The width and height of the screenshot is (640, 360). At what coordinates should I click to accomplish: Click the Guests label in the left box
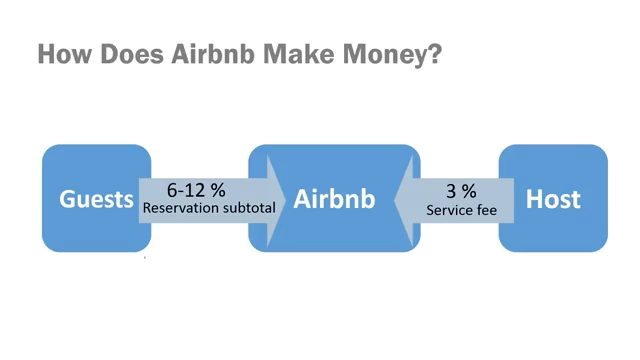coord(96,199)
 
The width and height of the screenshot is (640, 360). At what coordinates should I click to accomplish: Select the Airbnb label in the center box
coord(334,199)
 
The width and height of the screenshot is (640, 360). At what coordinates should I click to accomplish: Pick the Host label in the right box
coord(553,199)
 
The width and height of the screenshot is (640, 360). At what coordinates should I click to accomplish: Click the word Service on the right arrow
coord(446,210)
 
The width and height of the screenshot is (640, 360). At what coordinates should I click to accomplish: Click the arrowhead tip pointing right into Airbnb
coord(286,199)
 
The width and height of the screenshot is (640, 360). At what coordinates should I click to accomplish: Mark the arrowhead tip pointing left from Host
coord(393,199)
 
